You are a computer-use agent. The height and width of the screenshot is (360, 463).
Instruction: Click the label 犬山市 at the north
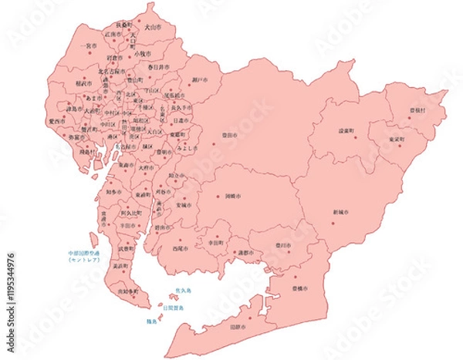point(154,27)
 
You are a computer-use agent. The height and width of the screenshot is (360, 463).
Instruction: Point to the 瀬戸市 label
point(199,79)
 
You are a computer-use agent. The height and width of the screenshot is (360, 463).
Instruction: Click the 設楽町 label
point(345,131)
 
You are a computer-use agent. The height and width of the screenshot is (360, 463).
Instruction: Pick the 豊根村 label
point(417,110)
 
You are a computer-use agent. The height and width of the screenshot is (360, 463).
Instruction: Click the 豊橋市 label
point(300,287)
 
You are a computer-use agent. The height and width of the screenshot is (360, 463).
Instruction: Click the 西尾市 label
point(180,249)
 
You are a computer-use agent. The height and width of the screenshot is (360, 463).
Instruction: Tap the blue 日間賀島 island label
point(174,308)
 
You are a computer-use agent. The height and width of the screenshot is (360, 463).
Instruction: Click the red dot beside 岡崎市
point(218,197)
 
